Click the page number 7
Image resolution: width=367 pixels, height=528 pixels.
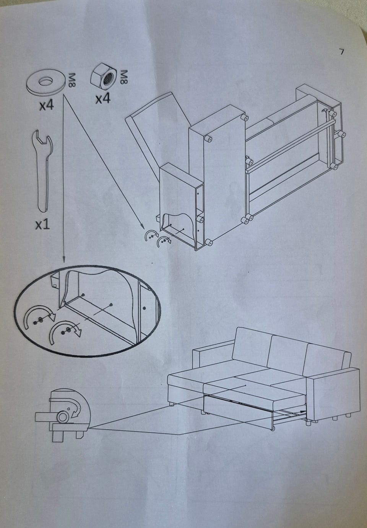(341, 52)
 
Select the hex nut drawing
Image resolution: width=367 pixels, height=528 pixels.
(104, 77)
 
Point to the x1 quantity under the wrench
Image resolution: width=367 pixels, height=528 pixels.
(43, 225)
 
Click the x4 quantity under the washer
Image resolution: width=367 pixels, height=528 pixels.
(46, 105)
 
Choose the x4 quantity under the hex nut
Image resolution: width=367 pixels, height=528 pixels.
(103, 99)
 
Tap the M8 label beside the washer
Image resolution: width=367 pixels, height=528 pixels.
(71, 80)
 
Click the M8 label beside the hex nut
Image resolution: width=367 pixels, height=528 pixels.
(123, 77)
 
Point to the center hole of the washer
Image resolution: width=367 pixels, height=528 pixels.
(45, 81)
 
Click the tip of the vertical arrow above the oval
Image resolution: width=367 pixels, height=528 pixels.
(63, 262)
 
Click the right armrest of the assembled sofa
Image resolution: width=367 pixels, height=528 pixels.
(335, 396)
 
